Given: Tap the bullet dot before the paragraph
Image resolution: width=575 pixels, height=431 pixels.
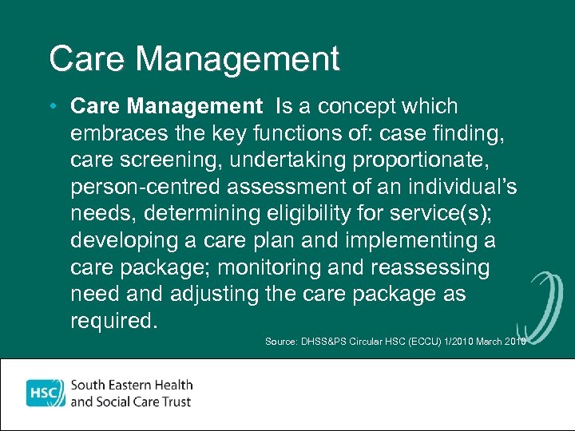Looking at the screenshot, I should pos(52,106).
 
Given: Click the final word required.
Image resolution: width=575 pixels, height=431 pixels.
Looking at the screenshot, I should pos(114,320).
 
